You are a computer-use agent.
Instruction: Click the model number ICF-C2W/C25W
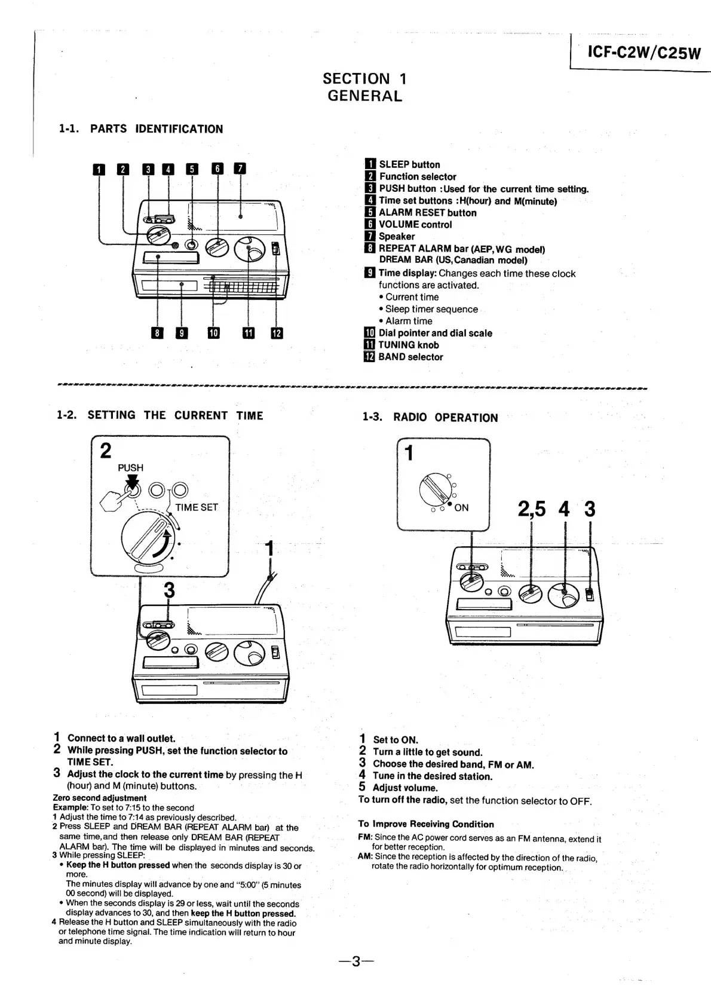pyautogui.click(x=643, y=53)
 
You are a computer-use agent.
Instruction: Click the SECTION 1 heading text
pyautogui.click(x=364, y=78)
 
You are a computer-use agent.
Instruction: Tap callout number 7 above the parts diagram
pyautogui.click(x=240, y=169)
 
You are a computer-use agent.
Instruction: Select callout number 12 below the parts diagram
pyautogui.click(x=277, y=333)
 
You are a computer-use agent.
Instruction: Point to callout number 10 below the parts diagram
pyautogui.click(x=213, y=333)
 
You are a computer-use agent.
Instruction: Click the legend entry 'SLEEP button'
pyautogui.click(x=409, y=164)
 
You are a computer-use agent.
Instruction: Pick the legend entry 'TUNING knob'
pyautogui.click(x=408, y=345)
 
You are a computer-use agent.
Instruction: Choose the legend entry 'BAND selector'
pyautogui.click(x=410, y=357)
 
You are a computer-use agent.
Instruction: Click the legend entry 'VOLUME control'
pyautogui.click(x=415, y=225)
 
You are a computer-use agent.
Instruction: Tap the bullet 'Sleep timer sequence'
pyautogui.click(x=431, y=309)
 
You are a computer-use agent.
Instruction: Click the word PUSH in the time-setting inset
pyautogui.click(x=130, y=467)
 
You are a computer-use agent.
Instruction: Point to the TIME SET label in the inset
pyautogui.click(x=197, y=507)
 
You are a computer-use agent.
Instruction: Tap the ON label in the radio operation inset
pyautogui.click(x=461, y=508)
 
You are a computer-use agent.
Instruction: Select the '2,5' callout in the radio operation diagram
pyautogui.click(x=531, y=509)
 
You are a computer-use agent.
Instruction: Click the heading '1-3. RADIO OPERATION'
pyautogui.click(x=430, y=417)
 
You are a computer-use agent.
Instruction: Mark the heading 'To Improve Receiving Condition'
pyautogui.click(x=426, y=824)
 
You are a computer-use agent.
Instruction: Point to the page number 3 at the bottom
pyautogui.click(x=355, y=962)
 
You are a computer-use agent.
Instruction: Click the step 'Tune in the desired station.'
pyautogui.click(x=433, y=776)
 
